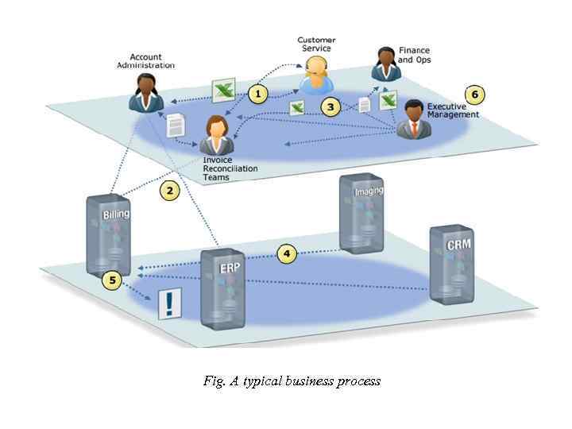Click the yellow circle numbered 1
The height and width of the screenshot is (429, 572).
(257, 94)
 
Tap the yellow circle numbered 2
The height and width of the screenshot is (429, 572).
(168, 190)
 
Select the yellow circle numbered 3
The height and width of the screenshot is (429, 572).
(330, 106)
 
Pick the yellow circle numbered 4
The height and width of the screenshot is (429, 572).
(287, 253)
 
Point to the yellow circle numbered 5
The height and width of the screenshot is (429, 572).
(113, 280)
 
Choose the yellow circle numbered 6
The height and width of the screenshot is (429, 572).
(475, 95)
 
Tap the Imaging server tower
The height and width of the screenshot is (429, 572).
(361, 211)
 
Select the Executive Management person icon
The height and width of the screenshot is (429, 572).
(413, 119)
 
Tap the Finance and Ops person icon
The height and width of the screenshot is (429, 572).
(385, 64)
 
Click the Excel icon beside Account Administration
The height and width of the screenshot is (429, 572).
(222, 88)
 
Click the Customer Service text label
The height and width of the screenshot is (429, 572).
(316, 44)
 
